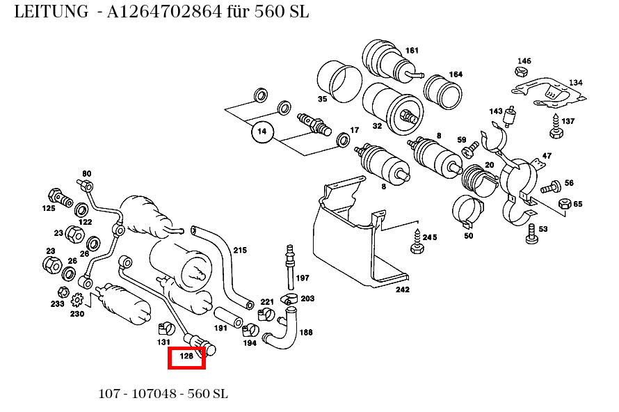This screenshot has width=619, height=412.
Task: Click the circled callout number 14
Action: coord(262,130)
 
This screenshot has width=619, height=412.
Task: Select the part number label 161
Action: coord(412,50)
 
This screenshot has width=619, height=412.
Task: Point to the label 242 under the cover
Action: coord(402,290)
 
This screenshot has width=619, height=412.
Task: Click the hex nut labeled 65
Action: coord(564,205)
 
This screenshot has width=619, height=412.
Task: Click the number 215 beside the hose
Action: coord(240,250)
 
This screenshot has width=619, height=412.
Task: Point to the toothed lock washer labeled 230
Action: coord(78,300)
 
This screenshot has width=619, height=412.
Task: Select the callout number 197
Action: coord(303,278)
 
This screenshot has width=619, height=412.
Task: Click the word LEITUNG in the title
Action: coord(51,12)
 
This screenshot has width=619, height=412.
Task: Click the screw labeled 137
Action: coord(555,131)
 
